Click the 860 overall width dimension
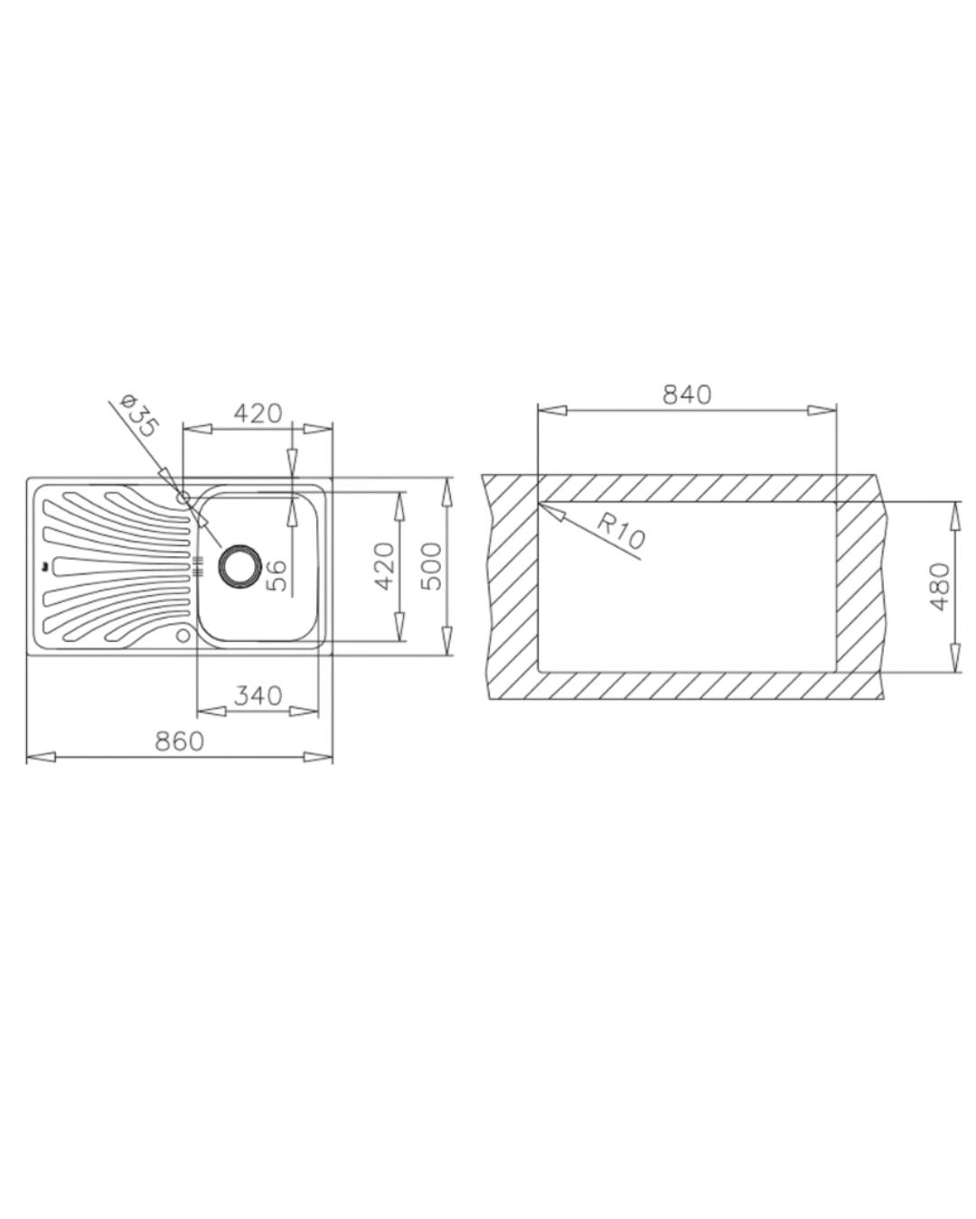[x=179, y=741]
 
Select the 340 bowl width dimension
[x=258, y=695]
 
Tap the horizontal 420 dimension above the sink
[x=258, y=414]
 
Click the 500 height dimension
[x=433, y=566]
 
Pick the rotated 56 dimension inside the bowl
[x=277, y=576]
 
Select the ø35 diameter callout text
[x=139, y=415]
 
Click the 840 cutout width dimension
[x=687, y=395]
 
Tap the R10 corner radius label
[x=621, y=532]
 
